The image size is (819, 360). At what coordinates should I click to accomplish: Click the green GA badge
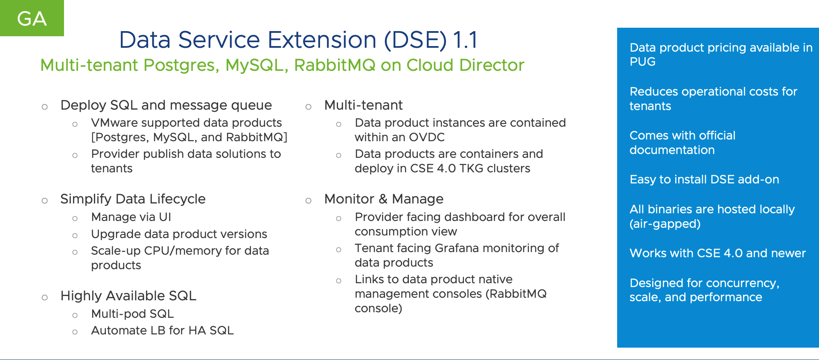(x=32, y=18)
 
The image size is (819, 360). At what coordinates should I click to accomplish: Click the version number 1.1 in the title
(x=465, y=40)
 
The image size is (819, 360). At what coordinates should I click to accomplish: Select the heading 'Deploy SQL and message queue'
(x=166, y=105)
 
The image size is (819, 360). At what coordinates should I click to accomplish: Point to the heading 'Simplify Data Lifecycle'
(x=133, y=199)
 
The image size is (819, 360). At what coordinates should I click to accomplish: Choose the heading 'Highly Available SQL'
(x=128, y=296)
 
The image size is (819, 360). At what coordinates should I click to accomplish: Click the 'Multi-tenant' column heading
(x=363, y=105)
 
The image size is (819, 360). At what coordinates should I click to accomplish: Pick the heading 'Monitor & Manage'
(x=384, y=199)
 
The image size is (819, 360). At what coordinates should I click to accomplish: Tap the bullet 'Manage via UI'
(x=131, y=217)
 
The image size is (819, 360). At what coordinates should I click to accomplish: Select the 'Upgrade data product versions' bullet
(x=179, y=234)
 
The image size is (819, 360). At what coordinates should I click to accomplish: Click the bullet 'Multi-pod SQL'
(x=132, y=314)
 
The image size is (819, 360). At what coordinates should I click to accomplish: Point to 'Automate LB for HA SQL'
(x=162, y=331)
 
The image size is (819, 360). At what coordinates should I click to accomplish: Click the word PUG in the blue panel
(x=642, y=62)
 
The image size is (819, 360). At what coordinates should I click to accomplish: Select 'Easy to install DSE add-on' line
(x=704, y=180)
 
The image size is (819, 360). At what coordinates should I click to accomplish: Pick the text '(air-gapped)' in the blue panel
(x=665, y=224)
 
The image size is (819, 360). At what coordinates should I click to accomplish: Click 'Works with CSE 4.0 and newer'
(x=717, y=253)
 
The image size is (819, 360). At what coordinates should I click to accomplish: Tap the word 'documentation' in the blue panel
(x=672, y=150)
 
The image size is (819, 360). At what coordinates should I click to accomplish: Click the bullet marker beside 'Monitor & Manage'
(x=308, y=200)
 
